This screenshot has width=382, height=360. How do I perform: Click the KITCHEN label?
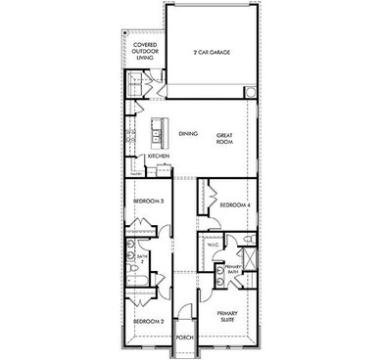tap(159, 157)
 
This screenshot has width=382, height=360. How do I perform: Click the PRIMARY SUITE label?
tap(229, 315)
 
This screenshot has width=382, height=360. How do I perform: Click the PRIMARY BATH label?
tap(232, 268)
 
